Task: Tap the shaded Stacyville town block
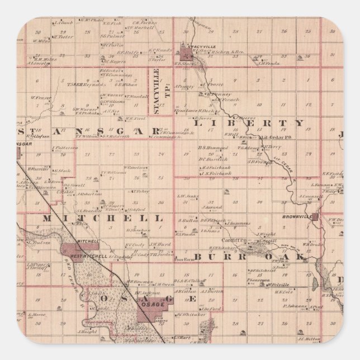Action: (185, 54)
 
